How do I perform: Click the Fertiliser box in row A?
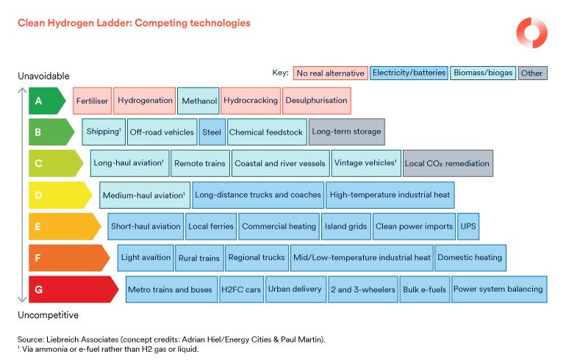pyautogui.click(x=92, y=101)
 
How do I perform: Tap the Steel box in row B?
pyautogui.click(x=212, y=132)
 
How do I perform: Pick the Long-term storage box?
pyautogui.click(x=346, y=132)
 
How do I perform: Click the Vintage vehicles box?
pyautogui.click(x=365, y=163)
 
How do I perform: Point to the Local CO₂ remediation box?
pyautogui.click(x=448, y=163)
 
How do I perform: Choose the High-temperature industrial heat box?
pyautogui.click(x=390, y=195)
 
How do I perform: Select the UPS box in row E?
pyautogui.click(x=468, y=226)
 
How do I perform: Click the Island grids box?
pyautogui.click(x=346, y=226)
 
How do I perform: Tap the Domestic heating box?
pyautogui.click(x=470, y=258)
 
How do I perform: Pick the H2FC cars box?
pyautogui.click(x=241, y=289)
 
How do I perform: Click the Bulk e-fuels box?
pyautogui.click(x=425, y=289)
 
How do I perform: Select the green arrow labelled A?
pyautogui.click(x=46, y=101)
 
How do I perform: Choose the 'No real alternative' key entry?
pyautogui.click(x=330, y=73)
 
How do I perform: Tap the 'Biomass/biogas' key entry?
pyautogui.click(x=482, y=73)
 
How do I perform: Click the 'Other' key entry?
pyautogui.click(x=533, y=73)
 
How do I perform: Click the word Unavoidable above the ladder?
pyautogui.click(x=43, y=76)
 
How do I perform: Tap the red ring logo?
pyautogui.click(x=531, y=33)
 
